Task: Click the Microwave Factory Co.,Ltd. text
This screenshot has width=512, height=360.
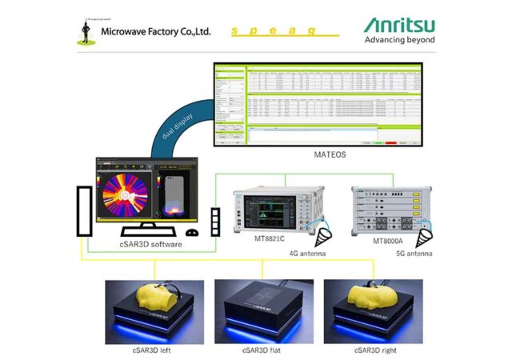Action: click(155, 31)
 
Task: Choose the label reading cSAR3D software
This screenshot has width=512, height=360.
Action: click(150, 244)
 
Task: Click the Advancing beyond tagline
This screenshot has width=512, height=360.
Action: click(399, 40)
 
